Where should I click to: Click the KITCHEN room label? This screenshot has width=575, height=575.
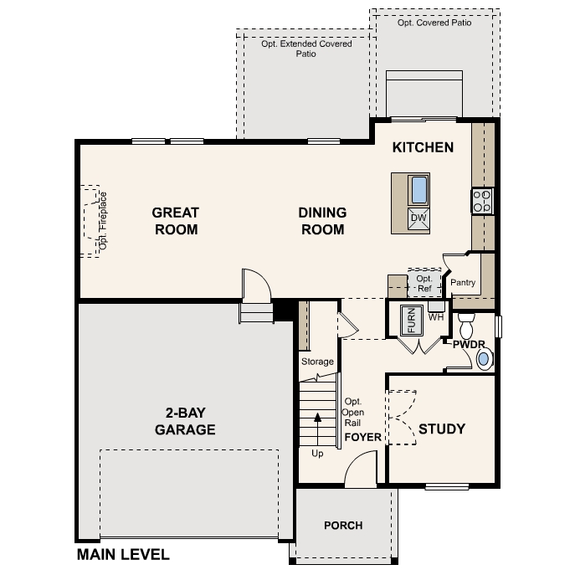(423, 147)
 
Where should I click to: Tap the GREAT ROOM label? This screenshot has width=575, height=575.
(175, 221)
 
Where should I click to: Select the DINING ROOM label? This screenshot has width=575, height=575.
(322, 221)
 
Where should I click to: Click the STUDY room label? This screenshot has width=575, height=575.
(441, 429)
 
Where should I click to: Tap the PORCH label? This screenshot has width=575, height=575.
(343, 526)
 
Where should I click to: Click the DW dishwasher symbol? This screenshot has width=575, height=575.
(418, 218)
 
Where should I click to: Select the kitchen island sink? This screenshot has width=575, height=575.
(418, 190)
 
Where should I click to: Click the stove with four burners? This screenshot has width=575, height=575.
(482, 200)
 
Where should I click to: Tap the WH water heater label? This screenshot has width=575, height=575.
(435, 317)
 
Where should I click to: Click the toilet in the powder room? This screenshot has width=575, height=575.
(466, 322)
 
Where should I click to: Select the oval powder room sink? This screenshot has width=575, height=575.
(484, 359)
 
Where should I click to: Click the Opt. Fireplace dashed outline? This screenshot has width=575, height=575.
(90, 221)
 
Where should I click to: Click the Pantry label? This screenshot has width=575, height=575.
(463, 283)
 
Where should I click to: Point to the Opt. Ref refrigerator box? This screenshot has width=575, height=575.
(424, 282)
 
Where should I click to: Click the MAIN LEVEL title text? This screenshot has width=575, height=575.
(123, 554)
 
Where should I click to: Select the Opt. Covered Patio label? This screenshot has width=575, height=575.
(434, 23)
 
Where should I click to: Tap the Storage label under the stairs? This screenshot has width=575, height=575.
(317, 362)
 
